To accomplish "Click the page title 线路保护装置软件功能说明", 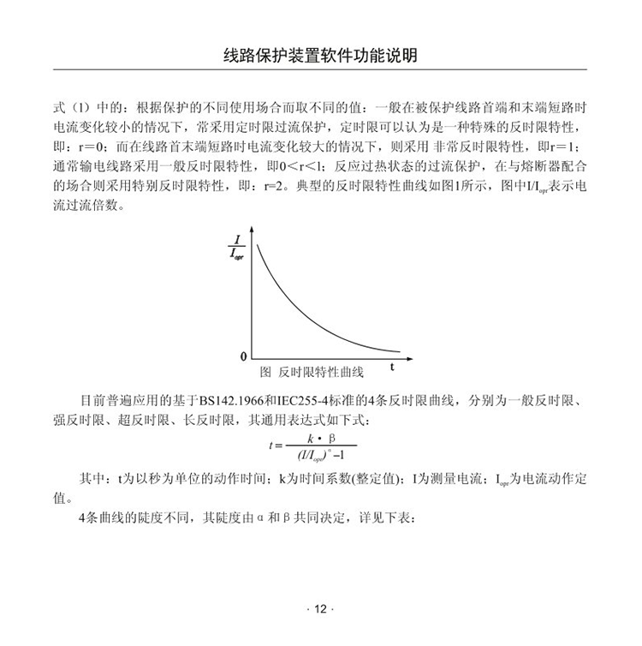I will (x=320, y=57).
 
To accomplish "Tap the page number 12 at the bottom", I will (x=320, y=609).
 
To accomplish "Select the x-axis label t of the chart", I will (x=391, y=368).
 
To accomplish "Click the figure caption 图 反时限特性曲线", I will (x=312, y=373).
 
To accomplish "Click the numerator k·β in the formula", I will (x=318, y=438).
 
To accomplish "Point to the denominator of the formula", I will (x=318, y=453).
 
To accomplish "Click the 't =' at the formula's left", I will (x=275, y=446).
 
